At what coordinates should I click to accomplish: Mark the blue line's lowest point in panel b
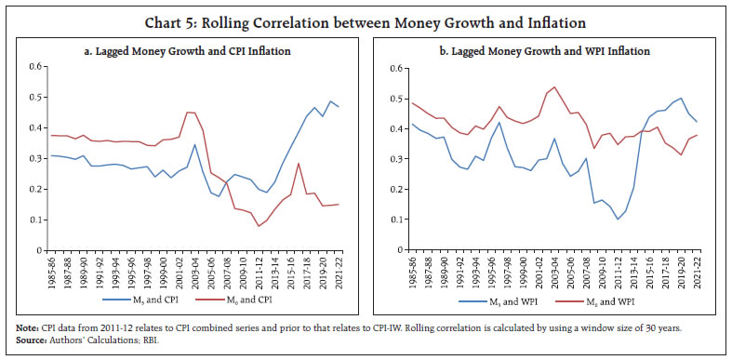point(614,220)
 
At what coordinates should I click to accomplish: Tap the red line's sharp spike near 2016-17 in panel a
point(298,164)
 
